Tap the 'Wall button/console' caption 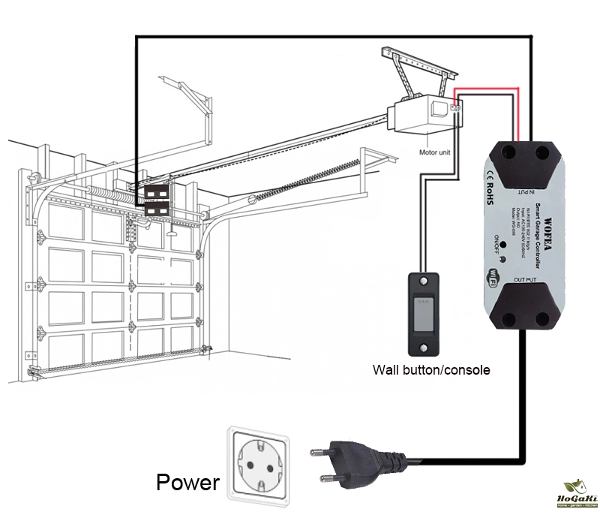coord(431,370)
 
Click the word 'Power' coord(187,482)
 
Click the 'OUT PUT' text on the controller coord(522,280)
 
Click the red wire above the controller coord(487,90)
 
